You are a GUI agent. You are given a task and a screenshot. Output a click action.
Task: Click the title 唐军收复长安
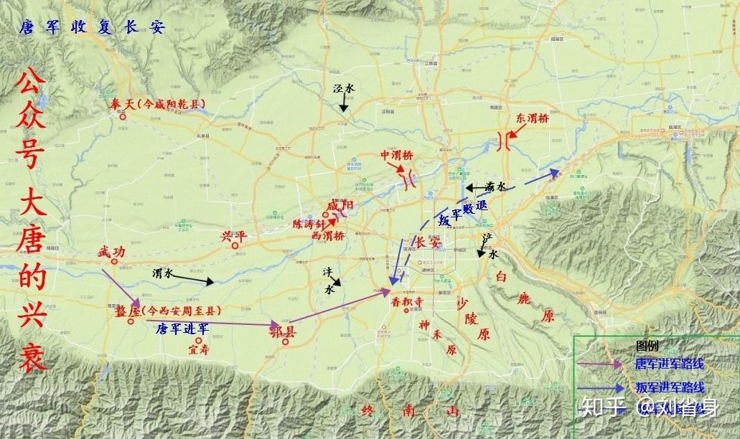point(93,28)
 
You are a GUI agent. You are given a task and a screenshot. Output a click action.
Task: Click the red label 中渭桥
point(397,156)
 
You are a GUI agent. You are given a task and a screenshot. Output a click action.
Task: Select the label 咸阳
point(339,207)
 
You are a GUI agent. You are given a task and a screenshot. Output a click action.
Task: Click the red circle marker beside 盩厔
point(131,321)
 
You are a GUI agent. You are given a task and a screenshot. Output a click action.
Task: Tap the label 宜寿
point(198,350)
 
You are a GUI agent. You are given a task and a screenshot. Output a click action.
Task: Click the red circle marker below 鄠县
point(285,342)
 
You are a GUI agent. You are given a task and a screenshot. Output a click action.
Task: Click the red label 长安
point(428,243)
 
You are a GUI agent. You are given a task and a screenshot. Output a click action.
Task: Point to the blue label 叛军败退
point(462,214)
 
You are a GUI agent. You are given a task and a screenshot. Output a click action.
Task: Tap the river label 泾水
point(344,88)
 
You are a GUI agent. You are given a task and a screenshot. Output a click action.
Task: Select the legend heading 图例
point(647,345)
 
